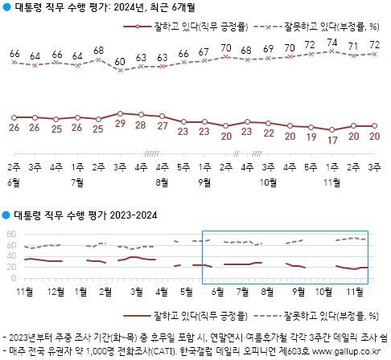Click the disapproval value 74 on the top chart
[331, 42]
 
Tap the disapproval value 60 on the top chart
[120, 61]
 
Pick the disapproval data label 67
[204, 53]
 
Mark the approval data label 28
[141, 127]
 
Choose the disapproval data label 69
[268, 50]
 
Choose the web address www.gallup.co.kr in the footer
[345, 352]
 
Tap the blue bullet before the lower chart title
[6, 216]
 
